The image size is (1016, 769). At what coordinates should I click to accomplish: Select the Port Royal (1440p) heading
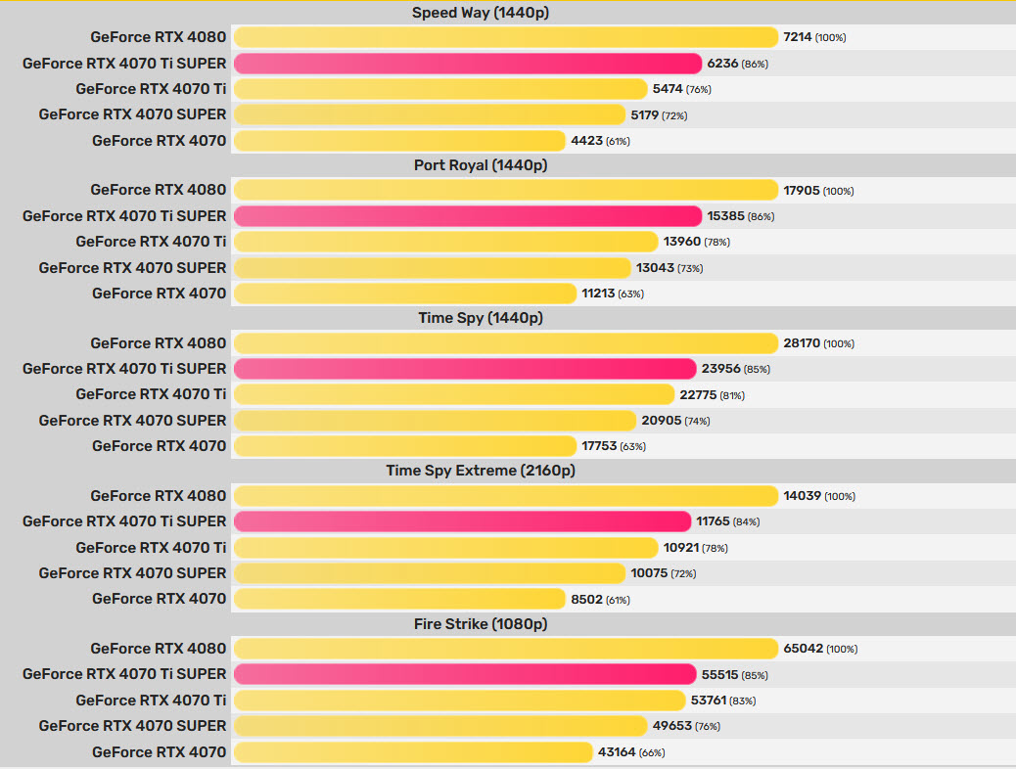481,165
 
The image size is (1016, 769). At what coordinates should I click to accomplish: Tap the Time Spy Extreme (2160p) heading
481,471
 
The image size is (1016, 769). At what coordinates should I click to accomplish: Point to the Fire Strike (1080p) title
481,623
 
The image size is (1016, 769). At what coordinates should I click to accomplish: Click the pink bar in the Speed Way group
468,64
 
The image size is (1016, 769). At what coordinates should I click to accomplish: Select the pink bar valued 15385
468,216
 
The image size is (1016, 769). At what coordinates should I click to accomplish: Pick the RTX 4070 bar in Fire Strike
413,752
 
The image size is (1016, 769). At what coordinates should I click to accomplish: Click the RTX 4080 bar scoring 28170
505,343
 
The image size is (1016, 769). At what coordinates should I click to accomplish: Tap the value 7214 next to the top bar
797,37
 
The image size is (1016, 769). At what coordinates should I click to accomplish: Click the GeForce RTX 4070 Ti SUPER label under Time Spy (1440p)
124,369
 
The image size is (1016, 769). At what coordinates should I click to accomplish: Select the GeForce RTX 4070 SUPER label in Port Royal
132,267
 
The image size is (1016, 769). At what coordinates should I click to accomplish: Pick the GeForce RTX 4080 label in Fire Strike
159,649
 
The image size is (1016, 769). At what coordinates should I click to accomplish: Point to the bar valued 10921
446,548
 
